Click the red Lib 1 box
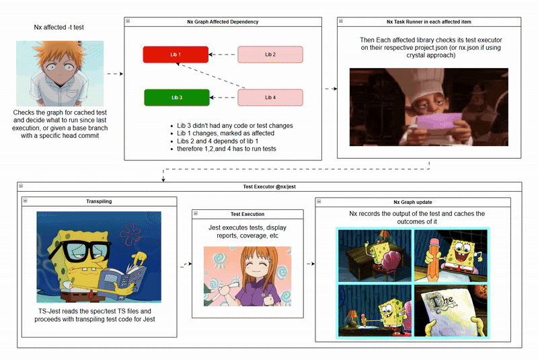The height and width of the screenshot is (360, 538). pyautogui.click(x=176, y=55)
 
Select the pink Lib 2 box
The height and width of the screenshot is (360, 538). pyautogui.click(x=270, y=55)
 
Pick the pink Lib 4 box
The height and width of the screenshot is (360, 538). pyautogui.click(x=270, y=98)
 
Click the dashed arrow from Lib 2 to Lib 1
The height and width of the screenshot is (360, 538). pyautogui.click(x=223, y=55)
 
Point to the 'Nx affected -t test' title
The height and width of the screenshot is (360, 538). pyautogui.click(x=59, y=27)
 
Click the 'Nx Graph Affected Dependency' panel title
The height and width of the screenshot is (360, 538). pyautogui.click(x=223, y=22)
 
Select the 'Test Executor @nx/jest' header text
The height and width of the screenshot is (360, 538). pyautogui.click(x=269, y=186)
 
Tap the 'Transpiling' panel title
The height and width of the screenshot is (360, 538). pyautogui.click(x=99, y=201)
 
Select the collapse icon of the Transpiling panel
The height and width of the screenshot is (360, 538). pyautogui.click(x=25, y=201)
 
